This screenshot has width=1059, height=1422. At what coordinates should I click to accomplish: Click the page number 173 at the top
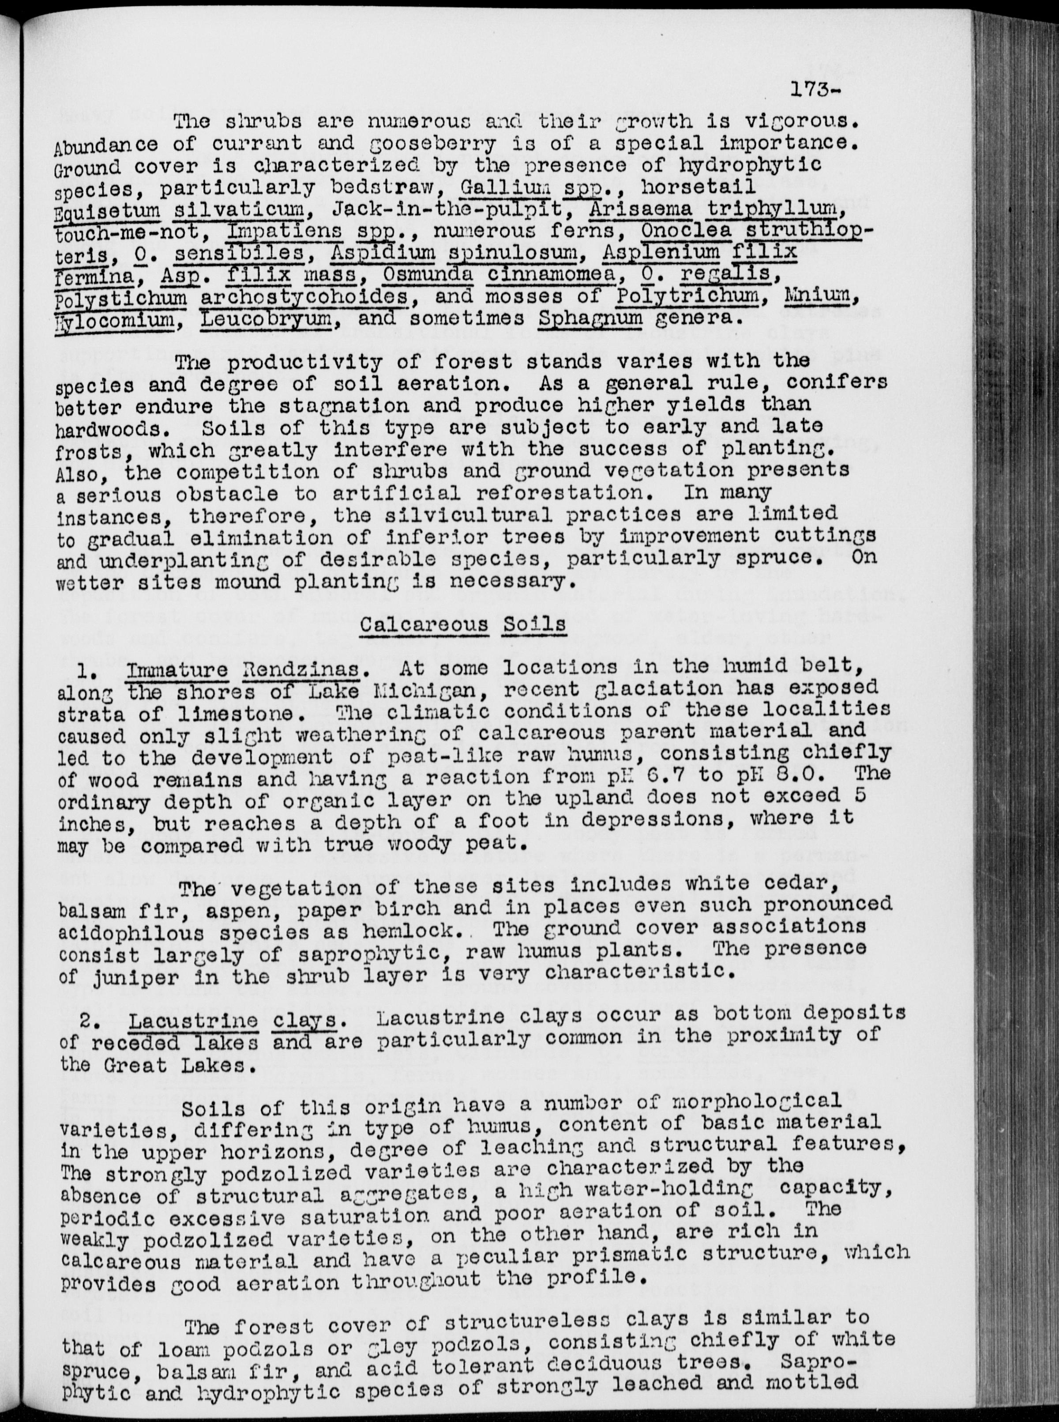click(811, 92)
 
